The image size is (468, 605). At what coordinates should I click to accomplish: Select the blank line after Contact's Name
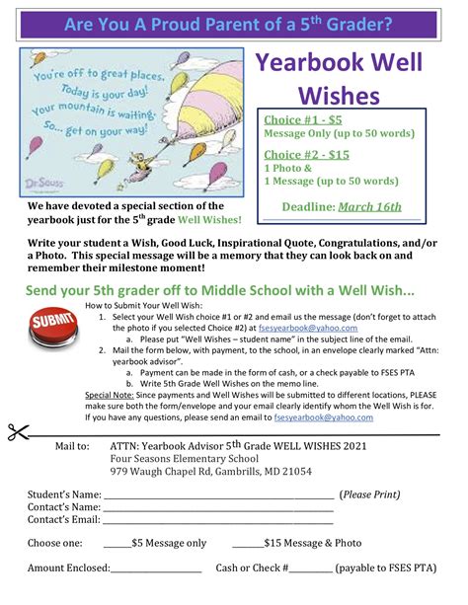[x=218, y=509]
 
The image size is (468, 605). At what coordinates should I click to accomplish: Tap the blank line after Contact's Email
[x=218, y=522]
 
